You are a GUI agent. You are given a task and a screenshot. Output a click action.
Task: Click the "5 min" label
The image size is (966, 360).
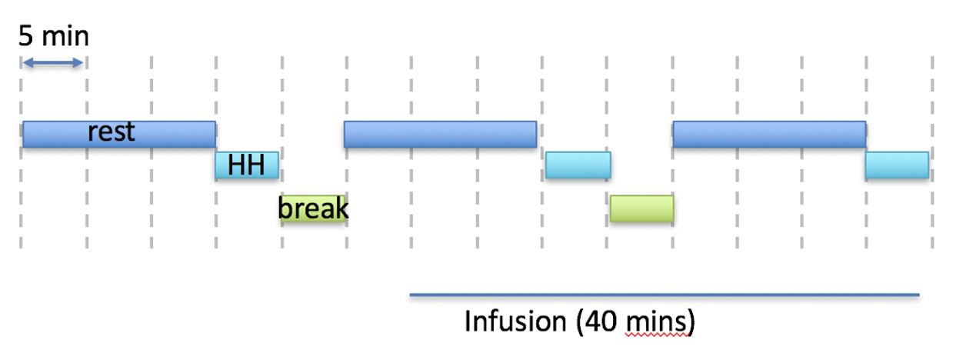click(54, 35)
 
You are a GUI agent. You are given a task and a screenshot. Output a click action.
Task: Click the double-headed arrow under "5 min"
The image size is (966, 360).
click(53, 63)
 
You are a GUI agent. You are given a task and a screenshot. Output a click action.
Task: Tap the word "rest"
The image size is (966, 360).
click(112, 132)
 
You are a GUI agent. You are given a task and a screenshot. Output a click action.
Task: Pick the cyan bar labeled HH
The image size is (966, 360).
click(246, 165)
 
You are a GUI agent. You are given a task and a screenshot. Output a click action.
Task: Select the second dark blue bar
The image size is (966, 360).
click(439, 134)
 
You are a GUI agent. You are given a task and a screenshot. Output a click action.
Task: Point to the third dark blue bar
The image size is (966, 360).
click(768, 134)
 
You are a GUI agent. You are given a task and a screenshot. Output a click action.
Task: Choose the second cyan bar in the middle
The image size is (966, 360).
click(578, 165)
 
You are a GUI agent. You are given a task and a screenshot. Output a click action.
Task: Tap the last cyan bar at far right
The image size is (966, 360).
click(896, 165)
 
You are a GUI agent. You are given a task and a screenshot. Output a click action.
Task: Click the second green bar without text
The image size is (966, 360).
click(641, 209)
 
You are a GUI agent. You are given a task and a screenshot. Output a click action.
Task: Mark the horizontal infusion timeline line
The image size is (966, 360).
click(665, 295)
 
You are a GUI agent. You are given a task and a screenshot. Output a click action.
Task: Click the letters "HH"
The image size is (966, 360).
click(246, 165)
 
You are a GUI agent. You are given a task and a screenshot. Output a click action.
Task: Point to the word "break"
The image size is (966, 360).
click(313, 208)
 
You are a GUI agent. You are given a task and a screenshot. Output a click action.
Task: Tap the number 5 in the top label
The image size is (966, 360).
click(26, 35)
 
